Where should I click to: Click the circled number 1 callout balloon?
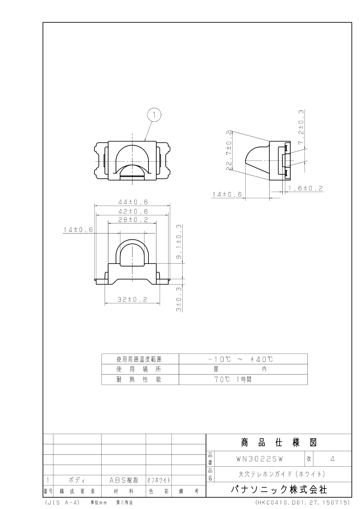(x=154, y=115)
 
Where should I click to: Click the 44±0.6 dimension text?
(x=133, y=202)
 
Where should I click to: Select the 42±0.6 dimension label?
(x=133, y=211)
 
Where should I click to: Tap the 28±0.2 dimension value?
(x=133, y=220)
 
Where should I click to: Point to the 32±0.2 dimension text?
(x=132, y=299)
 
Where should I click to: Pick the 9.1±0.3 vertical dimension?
(x=179, y=242)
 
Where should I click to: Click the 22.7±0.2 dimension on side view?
(x=229, y=150)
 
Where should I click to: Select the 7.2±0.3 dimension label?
(x=301, y=127)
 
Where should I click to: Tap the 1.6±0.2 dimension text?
(x=306, y=188)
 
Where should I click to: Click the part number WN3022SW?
(x=260, y=459)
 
